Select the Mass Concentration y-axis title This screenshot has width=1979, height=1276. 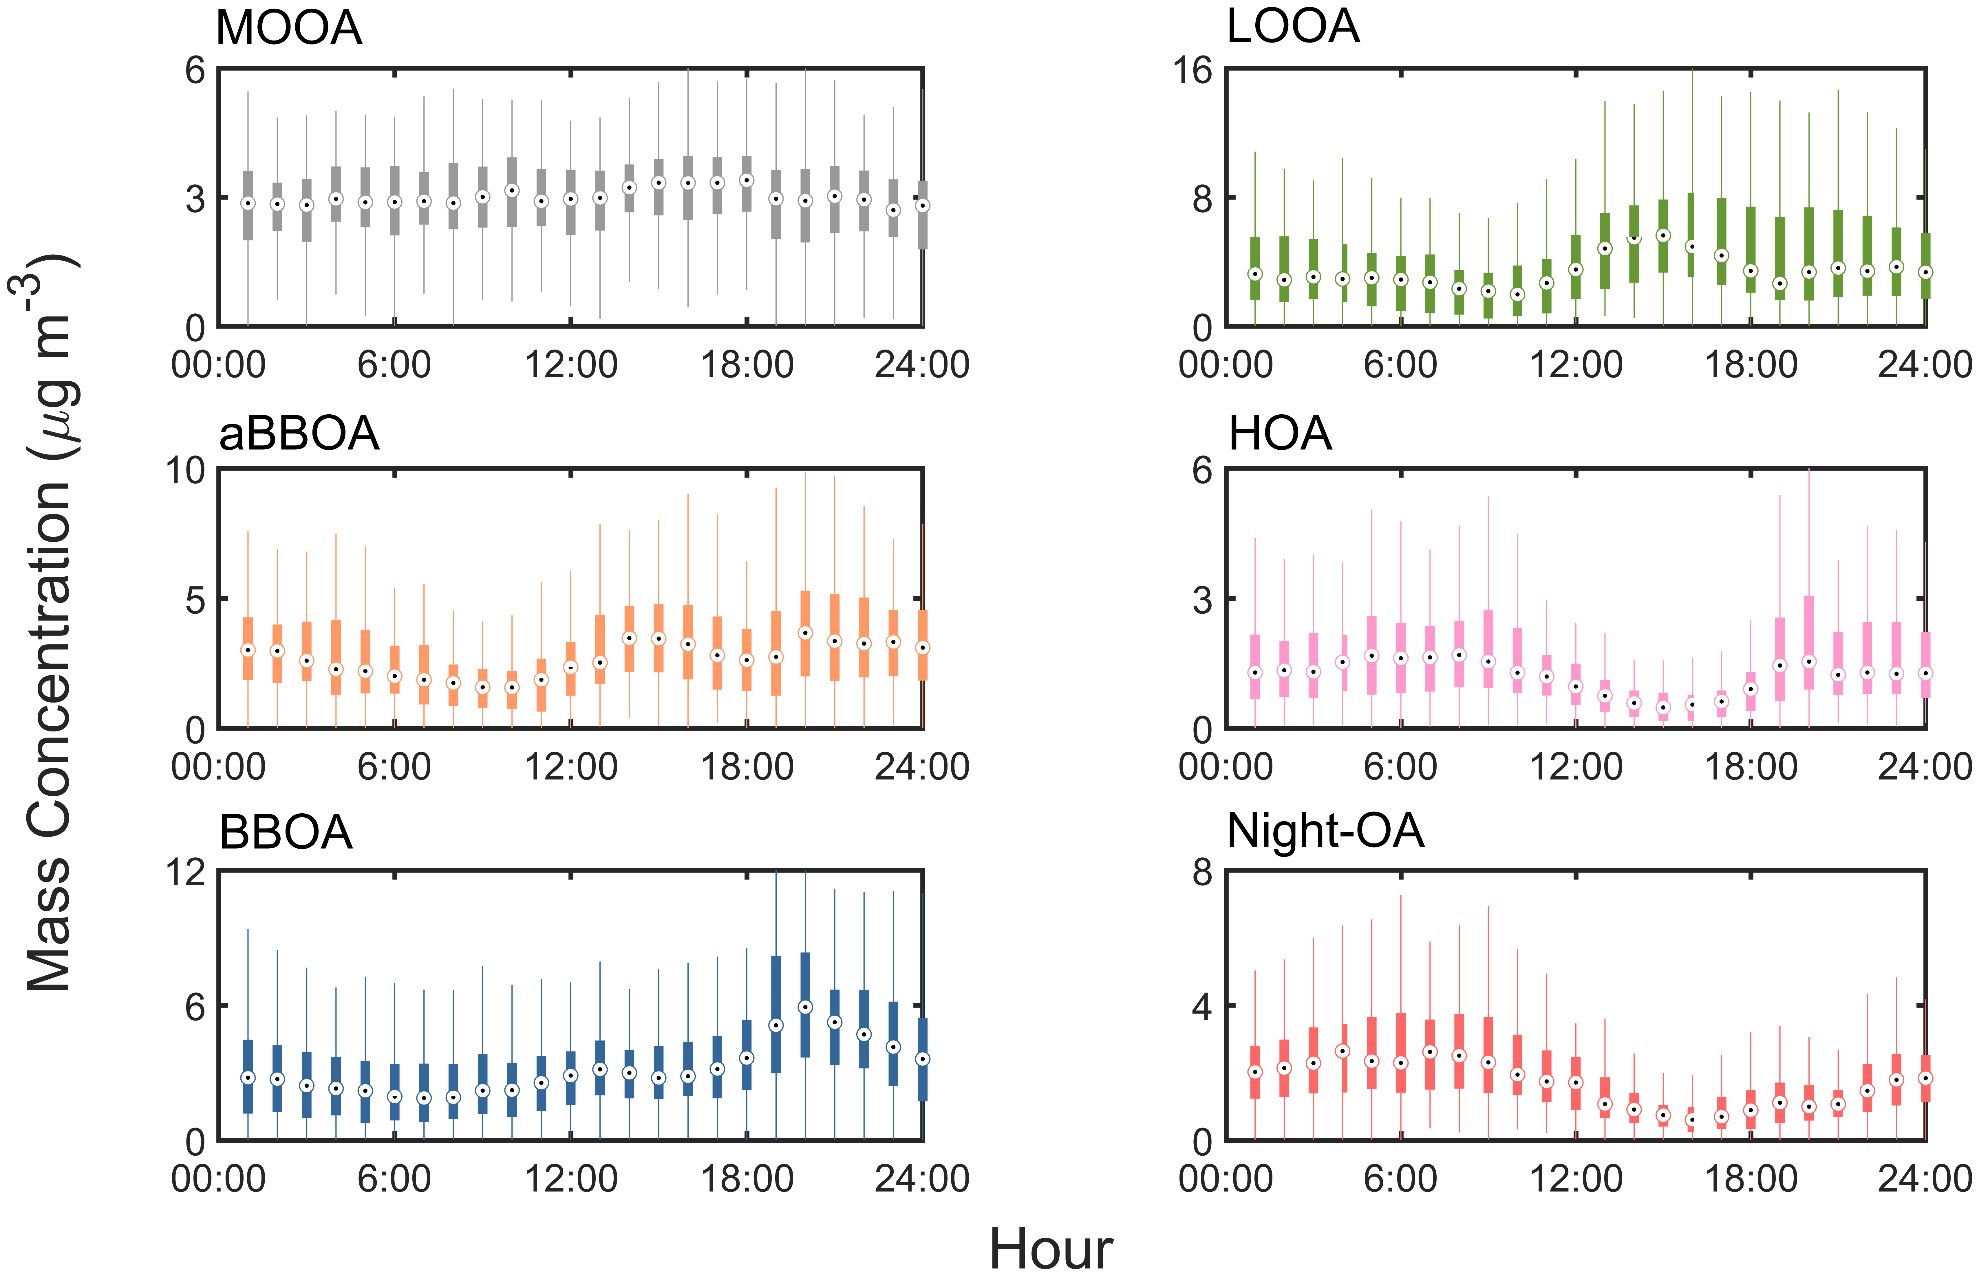tap(50, 622)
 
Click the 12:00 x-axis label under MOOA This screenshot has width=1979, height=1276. tap(570, 365)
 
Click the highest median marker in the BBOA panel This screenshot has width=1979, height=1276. tap(805, 1007)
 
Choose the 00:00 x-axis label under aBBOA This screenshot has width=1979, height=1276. tap(218, 766)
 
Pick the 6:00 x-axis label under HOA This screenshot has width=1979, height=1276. tap(1400, 766)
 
